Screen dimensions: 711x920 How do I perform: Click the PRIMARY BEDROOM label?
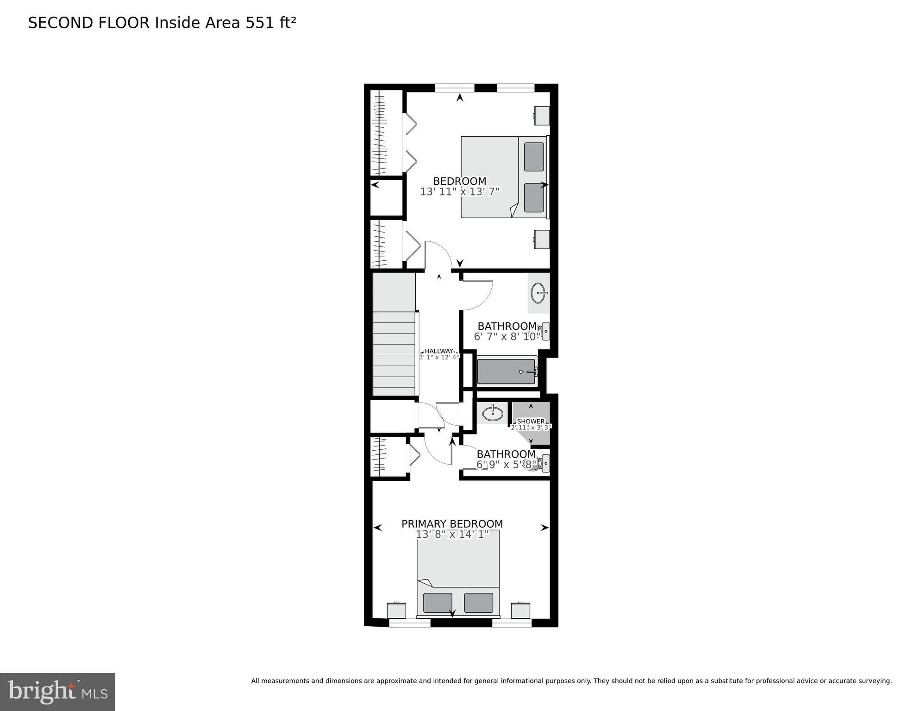[452, 524]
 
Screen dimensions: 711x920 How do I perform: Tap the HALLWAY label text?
[439, 351]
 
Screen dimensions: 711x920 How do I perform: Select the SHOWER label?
[531, 421]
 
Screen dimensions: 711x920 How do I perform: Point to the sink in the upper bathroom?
[538, 293]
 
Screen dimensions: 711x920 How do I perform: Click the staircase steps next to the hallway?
[394, 354]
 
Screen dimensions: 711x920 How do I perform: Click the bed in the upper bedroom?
[504, 177]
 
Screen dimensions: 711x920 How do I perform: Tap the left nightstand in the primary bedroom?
[397, 610]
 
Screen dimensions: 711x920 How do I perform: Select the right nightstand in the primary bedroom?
[520, 610]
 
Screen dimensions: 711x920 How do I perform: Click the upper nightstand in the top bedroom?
[541, 115]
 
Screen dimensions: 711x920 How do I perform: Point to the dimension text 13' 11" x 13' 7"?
[460, 192]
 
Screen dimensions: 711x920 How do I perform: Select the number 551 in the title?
[260, 23]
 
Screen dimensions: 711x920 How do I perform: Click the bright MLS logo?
[57, 692]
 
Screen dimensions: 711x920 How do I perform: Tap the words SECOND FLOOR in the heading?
[89, 23]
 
